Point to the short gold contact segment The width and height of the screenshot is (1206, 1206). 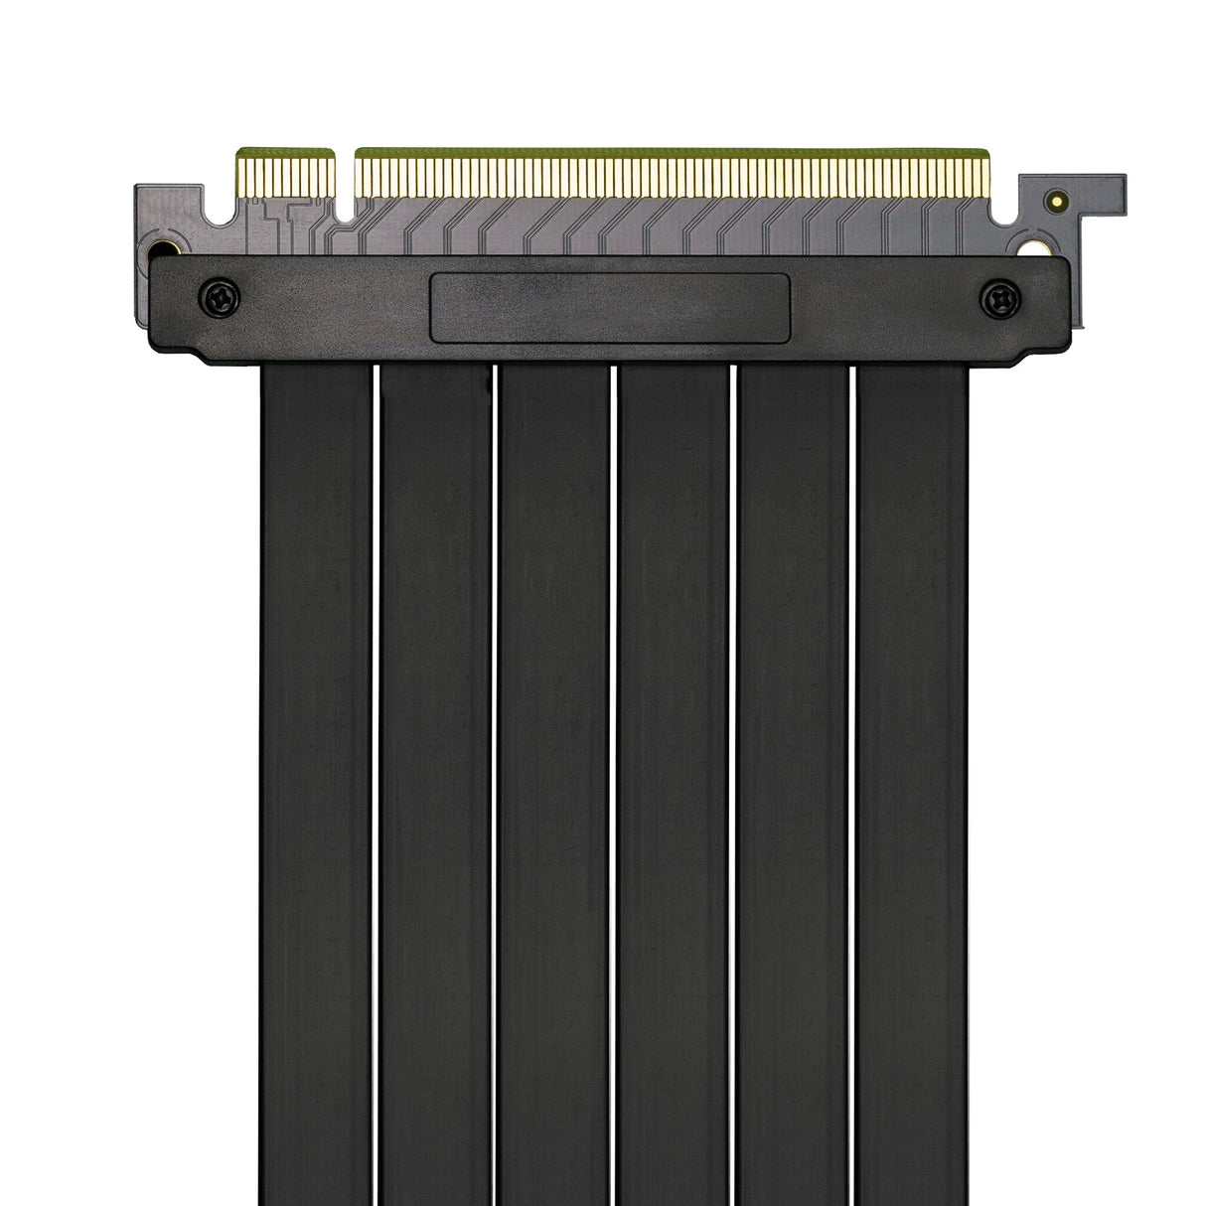pyautogui.click(x=285, y=174)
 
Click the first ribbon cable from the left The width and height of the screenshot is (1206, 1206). pyautogui.click(x=316, y=775)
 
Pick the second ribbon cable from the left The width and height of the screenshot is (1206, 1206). pyautogui.click(x=435, y=775)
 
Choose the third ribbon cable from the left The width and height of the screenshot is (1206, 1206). pyautogui.click(x=554, y=775)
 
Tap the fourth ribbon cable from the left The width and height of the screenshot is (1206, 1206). pyautogui.click(x=674, y=775)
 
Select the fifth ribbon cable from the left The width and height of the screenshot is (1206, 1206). pyautogui.click(x=793, y=775)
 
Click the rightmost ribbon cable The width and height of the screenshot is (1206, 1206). pyautogui.click(x=912, y=775)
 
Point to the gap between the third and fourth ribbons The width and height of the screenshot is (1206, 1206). pyautogui.click(x=614, y=775)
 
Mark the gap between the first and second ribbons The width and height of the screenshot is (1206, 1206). pyautogui.click(x=376, y=775)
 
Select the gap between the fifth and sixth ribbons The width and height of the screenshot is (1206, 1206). pyautogui.click(x=852, y=775)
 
